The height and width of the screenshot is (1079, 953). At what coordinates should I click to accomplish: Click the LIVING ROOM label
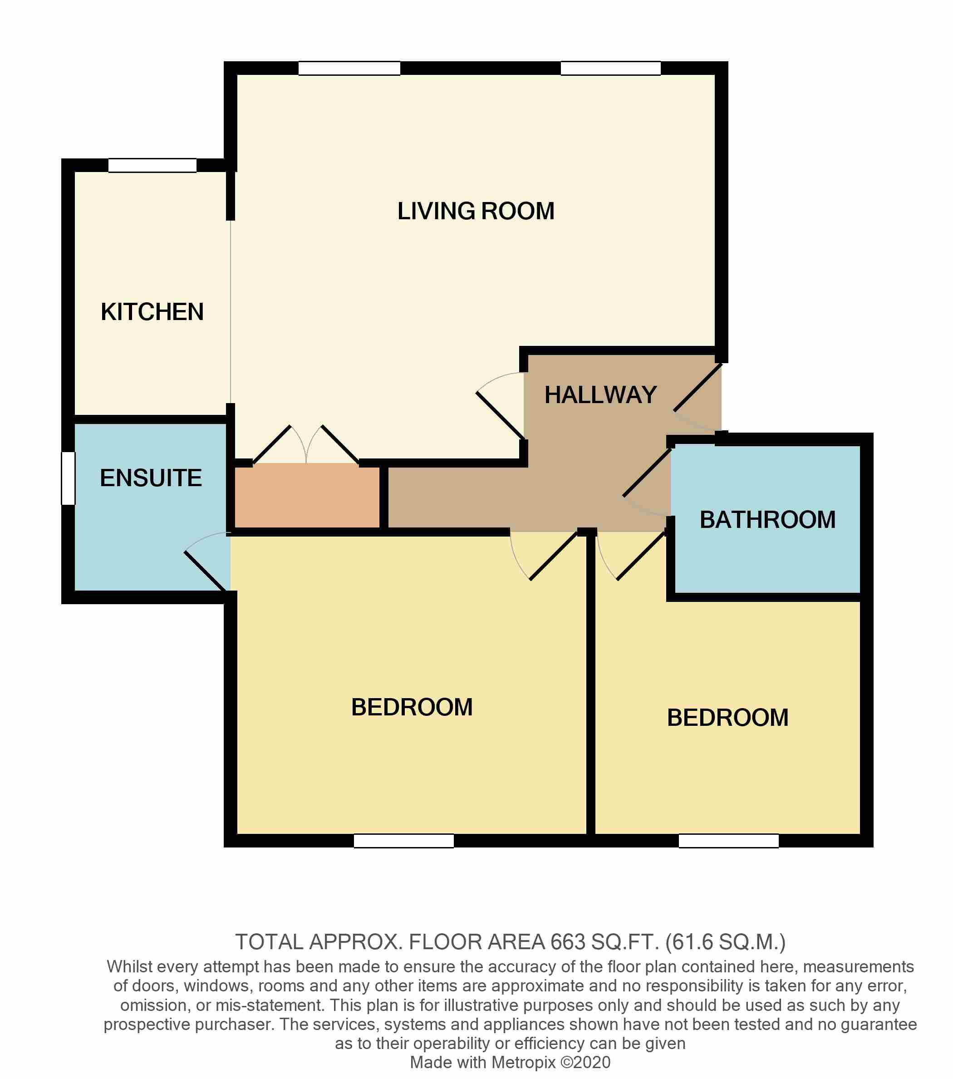point(476,211)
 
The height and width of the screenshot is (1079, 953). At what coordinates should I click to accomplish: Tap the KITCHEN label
point(152,312)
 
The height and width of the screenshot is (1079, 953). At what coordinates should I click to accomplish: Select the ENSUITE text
point(151,478)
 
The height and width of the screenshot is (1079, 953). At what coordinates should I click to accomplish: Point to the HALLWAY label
point(600,395)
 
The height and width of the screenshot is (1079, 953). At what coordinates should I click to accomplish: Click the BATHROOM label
point(767,520)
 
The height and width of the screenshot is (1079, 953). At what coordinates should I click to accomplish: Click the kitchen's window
point(152,165)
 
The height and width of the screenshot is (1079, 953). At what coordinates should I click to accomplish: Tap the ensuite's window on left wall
point(68,478)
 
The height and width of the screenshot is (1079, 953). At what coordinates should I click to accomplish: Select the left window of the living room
point(349,68)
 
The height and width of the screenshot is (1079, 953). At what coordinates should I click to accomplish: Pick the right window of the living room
point(610,68)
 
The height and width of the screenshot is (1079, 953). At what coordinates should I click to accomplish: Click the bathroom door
point(647,473)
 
